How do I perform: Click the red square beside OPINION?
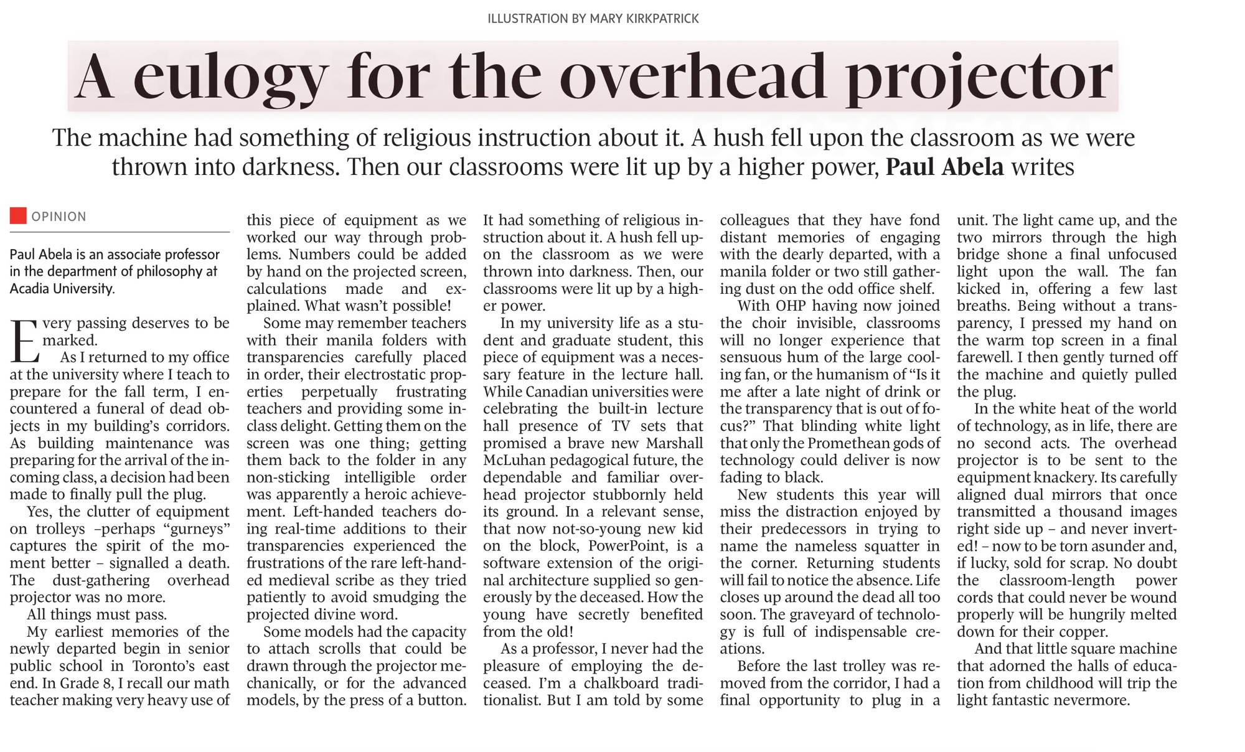[x=18, y=216]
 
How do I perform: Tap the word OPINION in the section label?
[x=59, y=217]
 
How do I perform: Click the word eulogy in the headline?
[x=230, y=78]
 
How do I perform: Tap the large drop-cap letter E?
[x=25, y=341]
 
